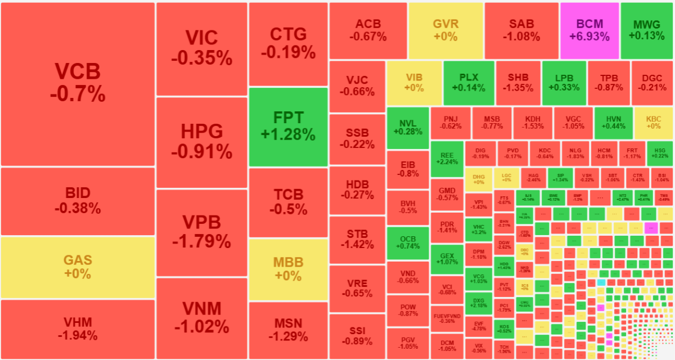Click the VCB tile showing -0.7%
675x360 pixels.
click(x=78, y=84)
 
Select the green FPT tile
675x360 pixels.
click(x=288, y=127)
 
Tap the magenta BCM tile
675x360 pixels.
click(x=589, y=30)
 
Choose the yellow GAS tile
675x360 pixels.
click(x=78, y=267)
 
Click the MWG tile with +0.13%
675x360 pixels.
click(x=647, y=30)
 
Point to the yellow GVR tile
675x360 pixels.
click(x=445, y=30)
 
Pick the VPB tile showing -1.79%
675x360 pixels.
click(x=201, y=232)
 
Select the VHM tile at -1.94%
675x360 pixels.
click(x=78, y=329)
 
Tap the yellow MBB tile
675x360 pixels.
click(x=288, y=269)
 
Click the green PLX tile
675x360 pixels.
click(x=469, y=83)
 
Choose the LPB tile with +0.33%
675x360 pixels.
click(x=564, y=83)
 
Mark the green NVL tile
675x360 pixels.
click(x=407, y=128)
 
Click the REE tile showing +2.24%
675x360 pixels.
click(x=447, y=159)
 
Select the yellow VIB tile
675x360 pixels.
click(x=414, y=83)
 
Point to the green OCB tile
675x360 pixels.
click(x=407, y=242)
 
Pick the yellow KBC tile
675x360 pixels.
click(x=654, y=123)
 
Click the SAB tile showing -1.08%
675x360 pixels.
click(x=521, y=30)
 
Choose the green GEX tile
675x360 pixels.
click(x=447, y=259)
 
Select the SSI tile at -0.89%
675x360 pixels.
click(x=357, y=336)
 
